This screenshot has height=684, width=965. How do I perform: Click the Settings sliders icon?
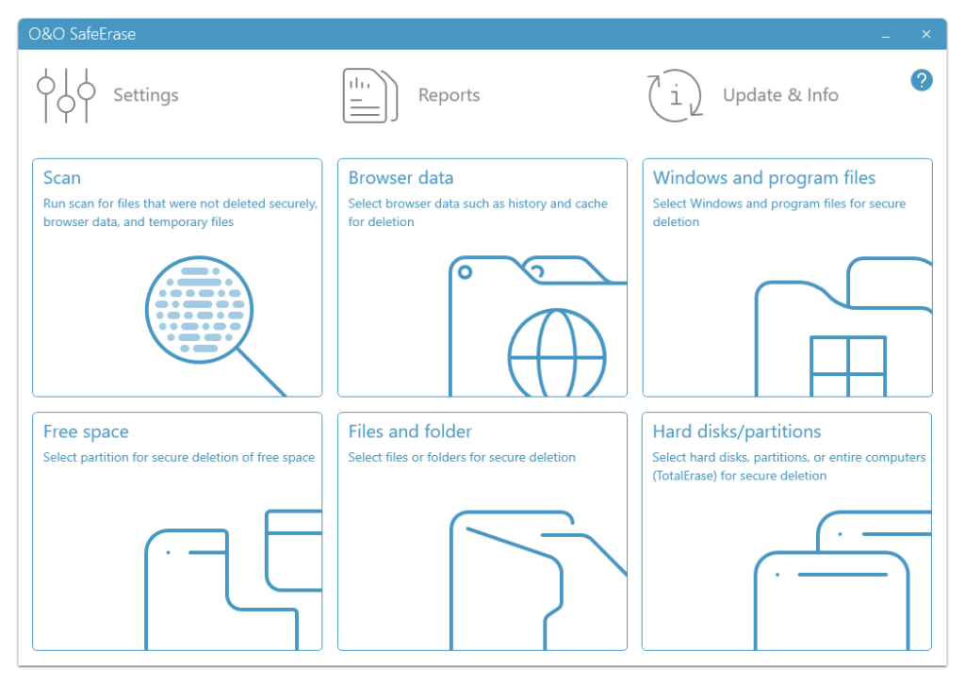point(66,95)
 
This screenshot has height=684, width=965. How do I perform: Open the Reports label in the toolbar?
point(449,95)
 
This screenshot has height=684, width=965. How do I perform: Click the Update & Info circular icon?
point(675,95)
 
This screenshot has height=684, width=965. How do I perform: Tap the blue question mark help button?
point(922,80)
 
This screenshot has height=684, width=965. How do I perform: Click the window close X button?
point(926,35)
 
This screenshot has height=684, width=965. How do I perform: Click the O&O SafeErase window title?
point(82,35)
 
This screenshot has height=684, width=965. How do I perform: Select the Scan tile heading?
point(62,178)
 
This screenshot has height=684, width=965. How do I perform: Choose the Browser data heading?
point(401,178)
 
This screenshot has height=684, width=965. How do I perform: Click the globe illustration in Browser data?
point(556,356)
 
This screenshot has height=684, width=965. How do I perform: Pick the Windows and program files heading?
point(764,178)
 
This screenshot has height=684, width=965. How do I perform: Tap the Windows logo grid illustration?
point(848,366)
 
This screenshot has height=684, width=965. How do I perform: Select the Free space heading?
point(86,432)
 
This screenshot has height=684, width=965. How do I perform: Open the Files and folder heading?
point(410,432)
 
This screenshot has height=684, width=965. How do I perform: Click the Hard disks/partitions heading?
point(737,432)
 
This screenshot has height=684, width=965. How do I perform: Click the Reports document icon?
point(368,95)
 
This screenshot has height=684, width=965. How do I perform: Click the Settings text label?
point(146,95)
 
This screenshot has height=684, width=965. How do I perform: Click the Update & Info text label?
point(780,95)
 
